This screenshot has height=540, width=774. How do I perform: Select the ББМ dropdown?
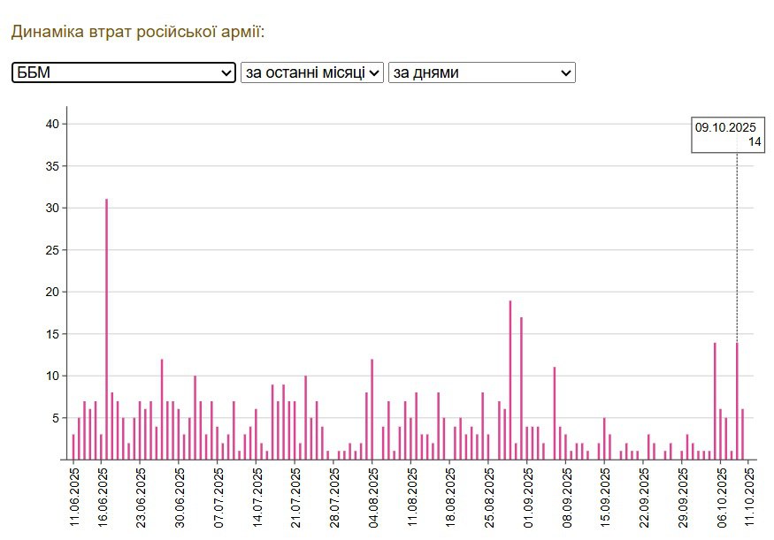pyautogui.click(x=124, y=72)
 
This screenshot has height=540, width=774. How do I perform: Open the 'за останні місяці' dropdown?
pyautogui.click(x=312, y=72)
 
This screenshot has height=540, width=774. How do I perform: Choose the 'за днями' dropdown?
pyautogui.click(x=481, y=72)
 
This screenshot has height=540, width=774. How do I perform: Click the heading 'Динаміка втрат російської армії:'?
pyautogui.click(x=138, y=32)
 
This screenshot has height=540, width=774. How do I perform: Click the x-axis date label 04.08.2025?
pyautogui.click(x=372, y=497)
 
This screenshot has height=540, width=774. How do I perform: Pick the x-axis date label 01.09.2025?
pyautogui.click(x=528, y=497)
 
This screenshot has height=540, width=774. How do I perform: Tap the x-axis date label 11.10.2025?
pyautogui.click(x=749, y=497)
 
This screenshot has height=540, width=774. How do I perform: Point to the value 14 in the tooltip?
pyautogui.click(x=754, y=142)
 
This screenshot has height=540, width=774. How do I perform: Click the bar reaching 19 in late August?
pyautogui.click(x=510, y=380)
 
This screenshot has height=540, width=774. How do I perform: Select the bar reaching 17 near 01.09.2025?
pyautogui.click(x=522, y=388)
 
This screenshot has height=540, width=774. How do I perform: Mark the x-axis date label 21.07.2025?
pyautogui.click(x=295, y=497)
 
